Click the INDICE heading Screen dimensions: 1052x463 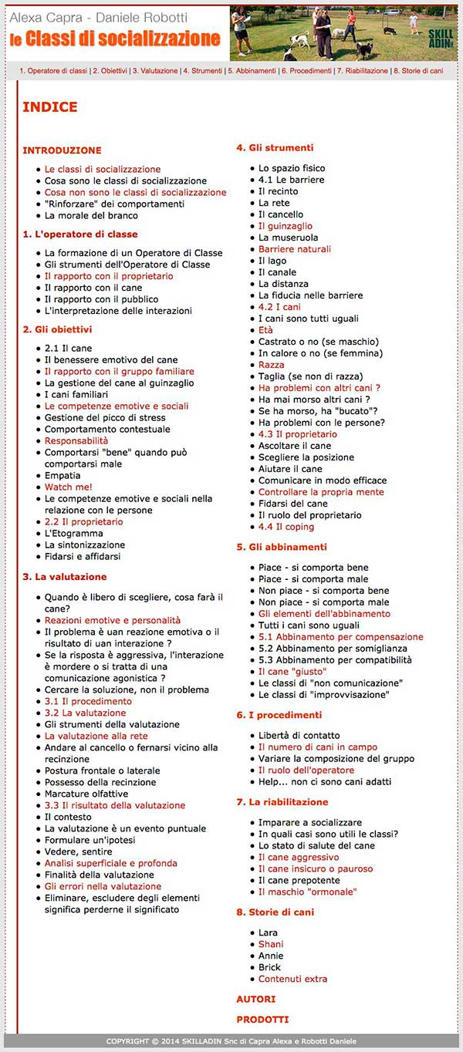click(x=50, y=107)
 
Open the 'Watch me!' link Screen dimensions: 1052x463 click(x=68, y=487)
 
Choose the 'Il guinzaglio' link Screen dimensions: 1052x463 click(x=286, y=226)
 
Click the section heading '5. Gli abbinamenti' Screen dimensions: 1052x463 click(x=281, y=547)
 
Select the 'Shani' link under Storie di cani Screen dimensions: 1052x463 click(x=270, y=944)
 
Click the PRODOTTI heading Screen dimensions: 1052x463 click(x=262, y=1019)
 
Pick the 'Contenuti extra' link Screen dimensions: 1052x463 click(x=292, y=979)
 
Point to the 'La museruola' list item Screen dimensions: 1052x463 click(x=288, y=238)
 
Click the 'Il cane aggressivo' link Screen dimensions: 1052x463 click(x=298, y=857)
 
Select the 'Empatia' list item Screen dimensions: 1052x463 click(x=63, y=475)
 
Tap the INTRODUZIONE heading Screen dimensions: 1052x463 click(x=62, y=150)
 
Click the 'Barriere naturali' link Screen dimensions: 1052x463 click(x=294, y=249)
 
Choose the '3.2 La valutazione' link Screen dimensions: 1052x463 click(x=85, y=713)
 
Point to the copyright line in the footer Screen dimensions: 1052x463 click(x=231, y=1041)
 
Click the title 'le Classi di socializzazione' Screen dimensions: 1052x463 click(x=115, y=39)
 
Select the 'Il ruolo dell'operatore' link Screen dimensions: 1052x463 click(x=306, y=770)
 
